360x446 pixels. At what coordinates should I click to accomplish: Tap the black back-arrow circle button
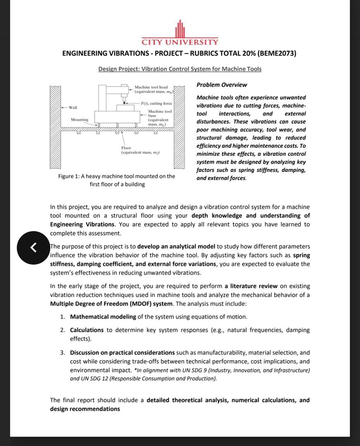tap(33, 247)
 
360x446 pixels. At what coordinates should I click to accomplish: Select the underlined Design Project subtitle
tap(180, 69)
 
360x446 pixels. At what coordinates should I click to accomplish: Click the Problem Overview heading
tap(222, 85)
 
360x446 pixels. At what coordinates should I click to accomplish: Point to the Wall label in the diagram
tap(73, 107)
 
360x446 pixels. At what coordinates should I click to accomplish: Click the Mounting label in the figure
tap(79, 120)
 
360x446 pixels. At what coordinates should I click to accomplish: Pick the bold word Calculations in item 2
tap(87, 330)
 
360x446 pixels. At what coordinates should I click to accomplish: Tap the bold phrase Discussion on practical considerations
tap(122, 352)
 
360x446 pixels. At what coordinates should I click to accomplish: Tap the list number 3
tap(62, 352)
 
